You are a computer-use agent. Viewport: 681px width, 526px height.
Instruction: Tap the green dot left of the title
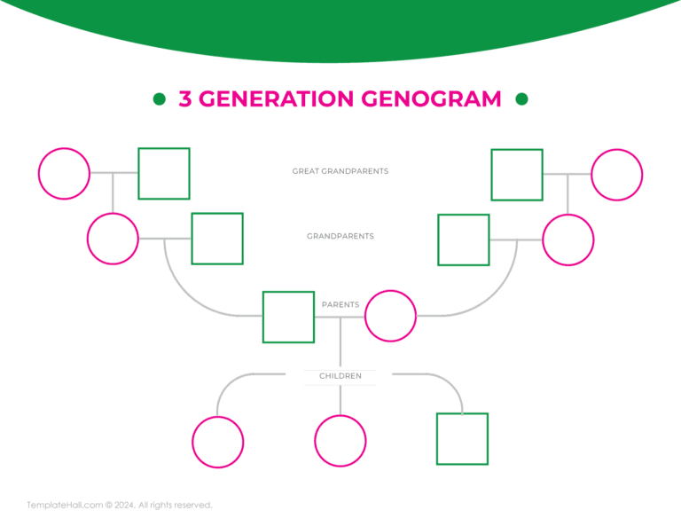tap(160, 98)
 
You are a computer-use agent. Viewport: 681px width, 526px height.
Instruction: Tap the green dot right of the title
tap(521, 98)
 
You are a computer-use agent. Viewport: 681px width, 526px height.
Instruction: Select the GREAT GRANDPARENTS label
tap(340, 171)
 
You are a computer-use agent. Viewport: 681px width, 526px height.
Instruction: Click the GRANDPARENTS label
tap(340, 237)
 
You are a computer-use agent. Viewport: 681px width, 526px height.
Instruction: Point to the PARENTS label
tap(340, 304)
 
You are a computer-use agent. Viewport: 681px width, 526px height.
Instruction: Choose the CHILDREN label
tap(340, 376)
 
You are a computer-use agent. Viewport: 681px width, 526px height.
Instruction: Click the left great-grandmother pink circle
tap(64, 174)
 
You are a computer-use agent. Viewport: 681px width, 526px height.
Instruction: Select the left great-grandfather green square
tap(164, 174)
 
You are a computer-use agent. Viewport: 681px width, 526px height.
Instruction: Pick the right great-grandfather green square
tap(517, 175)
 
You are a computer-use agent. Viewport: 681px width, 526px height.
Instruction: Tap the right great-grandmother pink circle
tap(617, 175)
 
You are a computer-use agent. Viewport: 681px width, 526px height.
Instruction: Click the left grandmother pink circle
tap(113, 239)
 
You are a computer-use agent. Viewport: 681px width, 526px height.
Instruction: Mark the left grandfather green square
tap(217, 239)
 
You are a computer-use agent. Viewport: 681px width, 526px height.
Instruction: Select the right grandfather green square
tap(464, 239)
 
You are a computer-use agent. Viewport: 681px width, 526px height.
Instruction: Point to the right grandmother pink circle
tap(568, 239)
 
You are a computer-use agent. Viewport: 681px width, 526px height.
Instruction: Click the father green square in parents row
tap(288, 317)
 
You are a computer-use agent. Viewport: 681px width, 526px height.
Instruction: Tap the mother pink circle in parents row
tap(391, 316)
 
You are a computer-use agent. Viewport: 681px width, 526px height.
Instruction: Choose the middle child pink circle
tap(340, 441)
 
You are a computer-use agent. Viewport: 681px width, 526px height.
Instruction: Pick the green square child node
tap(462, 439)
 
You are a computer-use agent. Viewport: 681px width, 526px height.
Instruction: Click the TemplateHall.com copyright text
tap(120, 506)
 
